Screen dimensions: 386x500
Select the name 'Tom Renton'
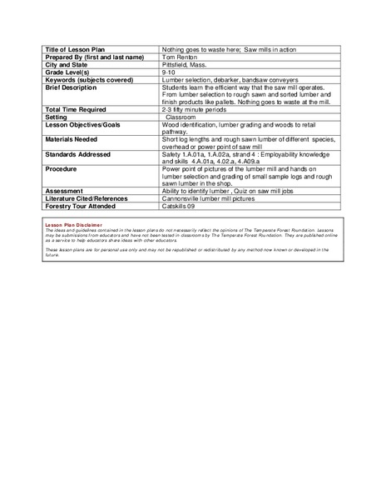[180, 57]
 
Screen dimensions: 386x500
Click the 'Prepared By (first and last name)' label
[94, 57]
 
